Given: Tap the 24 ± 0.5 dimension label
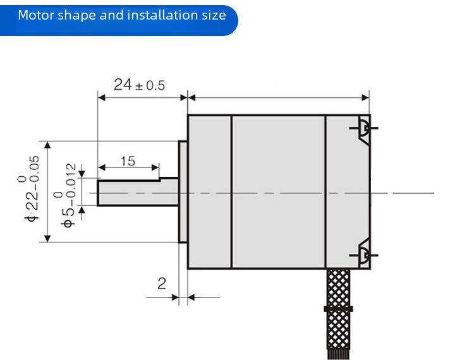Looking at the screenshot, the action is click(140, 85).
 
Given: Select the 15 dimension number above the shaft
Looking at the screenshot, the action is click(128, 161).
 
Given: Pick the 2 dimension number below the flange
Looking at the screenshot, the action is click(162, 284).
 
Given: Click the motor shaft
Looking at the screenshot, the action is click(138, 193).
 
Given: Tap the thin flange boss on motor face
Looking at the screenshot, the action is click(183, 192).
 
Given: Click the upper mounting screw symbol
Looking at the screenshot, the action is click(363, 129).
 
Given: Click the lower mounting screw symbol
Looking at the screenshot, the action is click(363, 255).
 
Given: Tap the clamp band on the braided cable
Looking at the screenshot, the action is click(338, 309).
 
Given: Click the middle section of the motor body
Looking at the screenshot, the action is click(279, 192).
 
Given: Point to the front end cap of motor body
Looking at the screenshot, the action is click(210, 192).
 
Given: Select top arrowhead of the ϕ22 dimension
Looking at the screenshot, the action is click(47, 145).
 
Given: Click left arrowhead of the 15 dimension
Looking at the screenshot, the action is click(102, 167).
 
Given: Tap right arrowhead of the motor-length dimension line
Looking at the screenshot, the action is click(365, 97).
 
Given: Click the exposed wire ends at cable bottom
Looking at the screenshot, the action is click(338, 354).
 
